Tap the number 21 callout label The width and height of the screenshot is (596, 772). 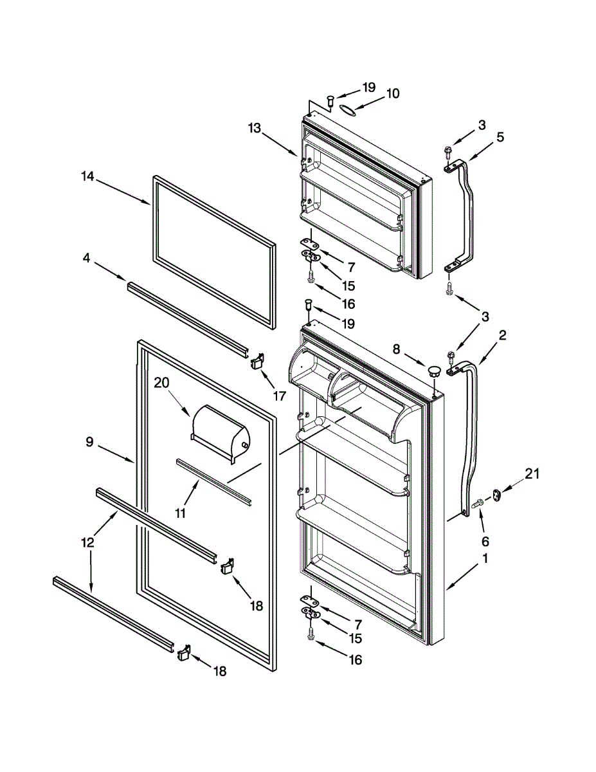click(x=532, y=474)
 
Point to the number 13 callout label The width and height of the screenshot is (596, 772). click(x=254, y=128)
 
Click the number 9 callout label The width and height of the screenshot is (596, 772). click(x=90, y=441)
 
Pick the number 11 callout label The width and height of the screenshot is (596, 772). click(x=181, y=513)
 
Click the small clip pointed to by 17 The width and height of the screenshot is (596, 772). click(x=258, y=362)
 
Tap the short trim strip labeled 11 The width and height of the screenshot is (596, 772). click(x=212, y=481)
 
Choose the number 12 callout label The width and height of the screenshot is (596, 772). click(x=87, y=542)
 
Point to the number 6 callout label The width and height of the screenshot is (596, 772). click(x=485, y=542)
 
